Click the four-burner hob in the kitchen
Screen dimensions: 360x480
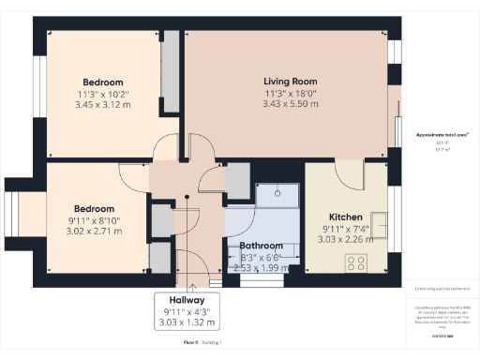357,264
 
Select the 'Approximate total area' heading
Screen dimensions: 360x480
436,136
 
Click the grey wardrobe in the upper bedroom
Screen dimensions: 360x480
172,82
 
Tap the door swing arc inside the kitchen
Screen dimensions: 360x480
349,170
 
